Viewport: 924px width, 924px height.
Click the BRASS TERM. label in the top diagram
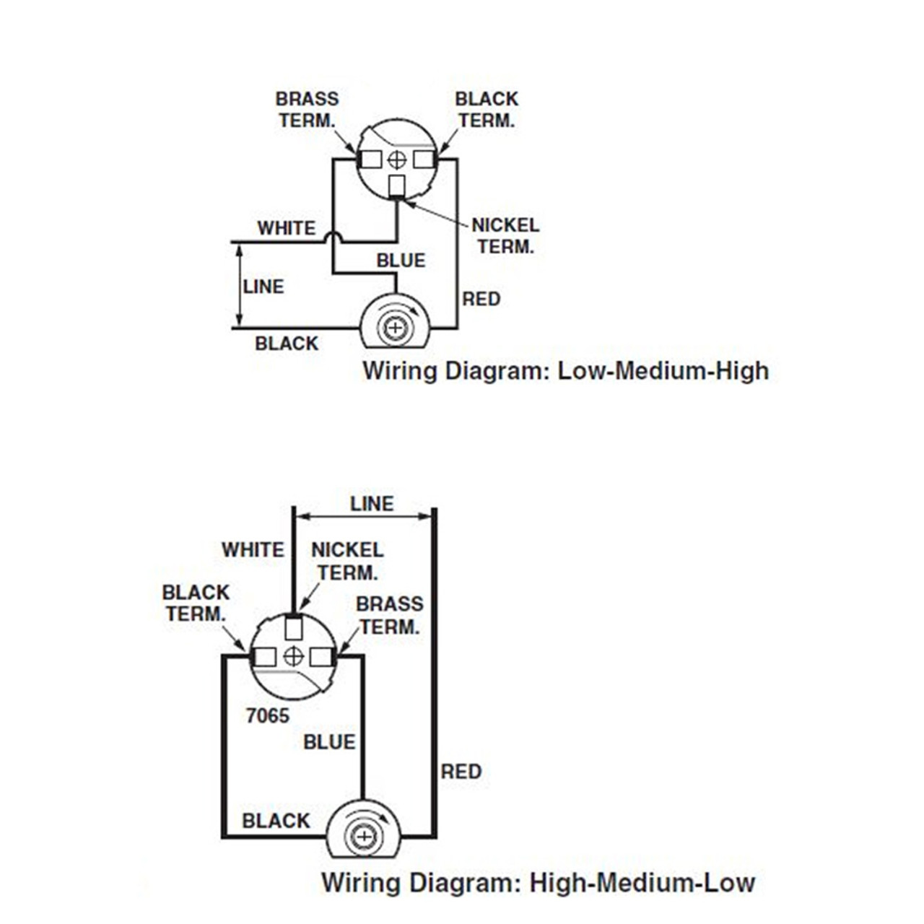pyautogui.click(x=307, y=110)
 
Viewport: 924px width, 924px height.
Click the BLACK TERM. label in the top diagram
pyautogui.click(x=487, y=110)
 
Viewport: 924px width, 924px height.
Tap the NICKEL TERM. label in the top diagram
pyautogui.click(x=505, y=236)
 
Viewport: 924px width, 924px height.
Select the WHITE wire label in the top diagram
pyautogui.click(x=287, y=228)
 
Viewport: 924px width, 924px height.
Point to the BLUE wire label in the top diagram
pyautogui.click(x=401, y=261)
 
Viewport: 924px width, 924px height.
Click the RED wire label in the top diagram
pyautogui.click(x=481, y=299)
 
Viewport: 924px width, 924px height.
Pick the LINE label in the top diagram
pyautogui.click(x=263, y=287)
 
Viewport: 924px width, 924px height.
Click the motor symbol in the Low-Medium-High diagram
pyautogui.click(x=395, y=322)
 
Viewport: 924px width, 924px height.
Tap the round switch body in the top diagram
pyautogui.click(x=397, y=159)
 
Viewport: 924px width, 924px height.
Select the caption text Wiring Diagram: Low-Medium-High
pyautogui.click(x=565, y=371)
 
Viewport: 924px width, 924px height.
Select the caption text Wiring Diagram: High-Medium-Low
pyautogui.click(x=538, y=882)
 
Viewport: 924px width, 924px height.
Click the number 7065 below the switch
pyautogui.click(x=267, y=715)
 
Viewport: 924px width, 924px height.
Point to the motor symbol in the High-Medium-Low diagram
pyautogui.click(x=363, y=831)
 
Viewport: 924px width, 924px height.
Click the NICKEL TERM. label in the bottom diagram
pyautogui.click(x=347, y=561)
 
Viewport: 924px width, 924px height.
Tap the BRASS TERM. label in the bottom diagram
pyautogui.click(x=389, y=615)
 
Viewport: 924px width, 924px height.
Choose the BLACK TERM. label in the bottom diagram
pyautogui.click(x=196, y=603)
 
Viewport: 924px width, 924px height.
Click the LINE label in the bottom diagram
pyautogui.click(x=372, y=504)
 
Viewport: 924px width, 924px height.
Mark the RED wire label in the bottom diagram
pyautogui.click(x=461, y=772)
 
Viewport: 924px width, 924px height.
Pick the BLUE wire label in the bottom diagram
pyautogui.click(x=329, y=742)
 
